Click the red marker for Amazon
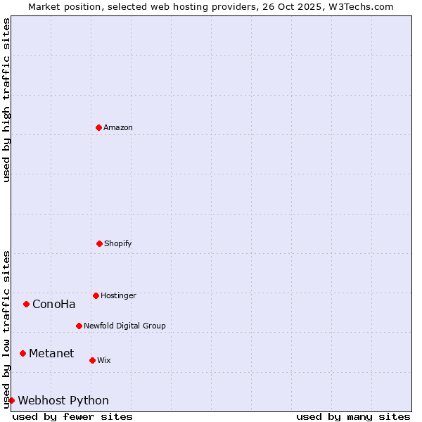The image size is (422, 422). coord(99,127)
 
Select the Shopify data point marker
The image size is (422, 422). coord(99,243)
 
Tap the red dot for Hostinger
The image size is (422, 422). coord(96,295)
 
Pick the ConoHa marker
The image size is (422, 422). coord(27,304)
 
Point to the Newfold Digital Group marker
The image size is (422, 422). coord(79,326)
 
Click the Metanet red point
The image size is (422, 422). coord(23,353)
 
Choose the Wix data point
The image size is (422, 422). coord(92,360)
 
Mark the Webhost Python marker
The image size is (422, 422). coord(12,400)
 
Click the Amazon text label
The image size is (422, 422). coord(118,127)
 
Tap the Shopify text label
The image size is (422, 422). coord(118,243)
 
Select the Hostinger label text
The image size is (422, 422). coord(118,295)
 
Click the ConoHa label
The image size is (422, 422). coord(54,305)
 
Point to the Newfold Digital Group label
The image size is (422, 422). coord(124,326)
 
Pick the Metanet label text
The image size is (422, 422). coord(51,353)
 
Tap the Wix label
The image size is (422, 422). coord(104,360)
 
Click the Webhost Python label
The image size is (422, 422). coord(63,401)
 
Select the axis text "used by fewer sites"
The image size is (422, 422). coord(72,416)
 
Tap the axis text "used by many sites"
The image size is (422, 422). coord(353,416)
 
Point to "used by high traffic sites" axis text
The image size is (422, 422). coord(6,100)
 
